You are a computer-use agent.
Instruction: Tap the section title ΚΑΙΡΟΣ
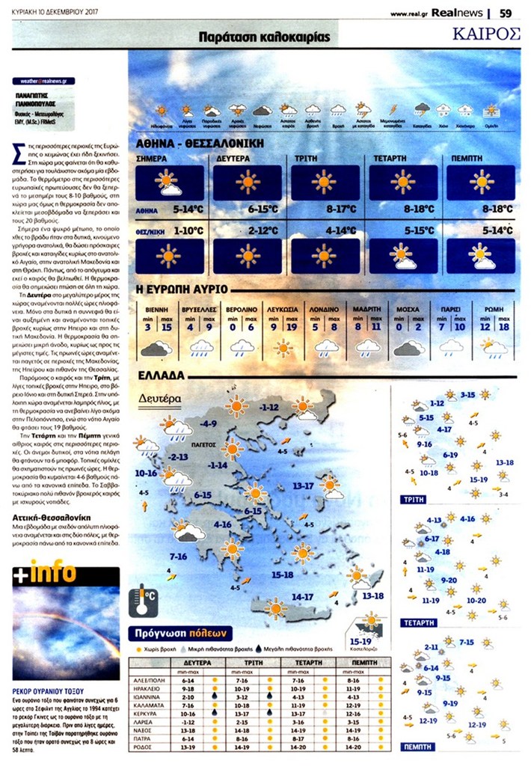point(486,34)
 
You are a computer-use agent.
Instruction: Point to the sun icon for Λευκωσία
point(283,346)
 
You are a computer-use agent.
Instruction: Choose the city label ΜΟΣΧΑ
point(408,308)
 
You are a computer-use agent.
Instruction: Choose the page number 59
point(506,12)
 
